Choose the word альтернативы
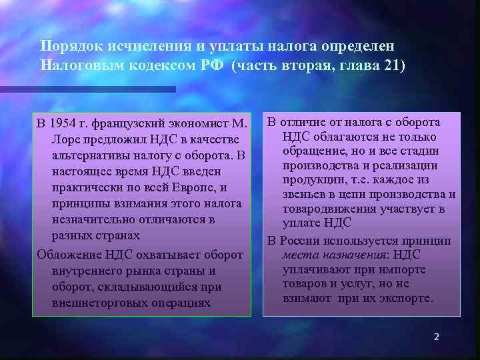pyautogui.click(x=91, y=155)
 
